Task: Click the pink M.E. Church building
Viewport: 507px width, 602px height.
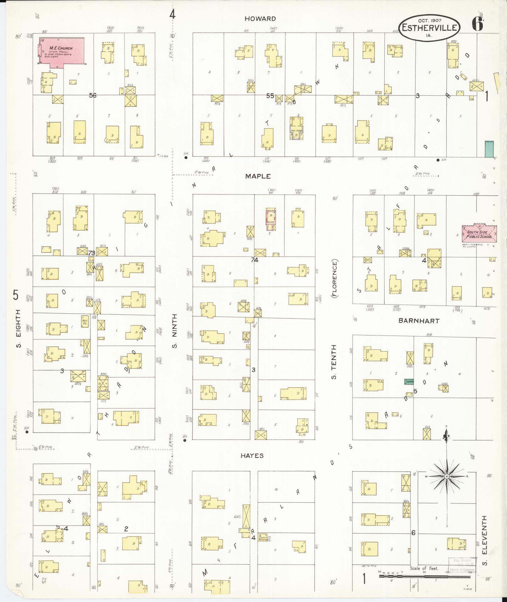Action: (62, 52)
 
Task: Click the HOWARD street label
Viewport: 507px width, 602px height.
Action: (260, 19)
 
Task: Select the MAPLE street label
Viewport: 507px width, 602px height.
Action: (258, 176)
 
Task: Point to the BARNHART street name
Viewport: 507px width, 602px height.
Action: (419, 321)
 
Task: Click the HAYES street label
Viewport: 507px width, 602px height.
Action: (252, 456)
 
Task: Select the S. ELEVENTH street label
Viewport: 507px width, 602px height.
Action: (484, 540)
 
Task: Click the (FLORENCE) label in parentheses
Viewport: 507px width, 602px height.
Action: (334, 278)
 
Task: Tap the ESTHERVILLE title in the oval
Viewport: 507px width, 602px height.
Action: (429, 28)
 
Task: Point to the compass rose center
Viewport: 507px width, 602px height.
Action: (446, 477)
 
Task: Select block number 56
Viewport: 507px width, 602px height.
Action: (92, 95)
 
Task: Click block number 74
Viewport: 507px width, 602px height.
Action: (255, 260)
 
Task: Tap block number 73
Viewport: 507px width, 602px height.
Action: (91, 253)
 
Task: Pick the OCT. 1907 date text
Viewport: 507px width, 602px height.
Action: (430, 21)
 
